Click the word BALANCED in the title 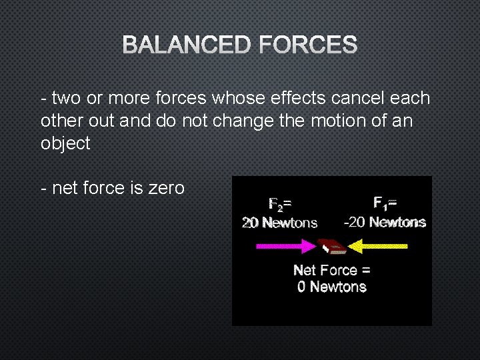coord(187,45)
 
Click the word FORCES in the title coord(308,45)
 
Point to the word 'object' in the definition coord(65,144)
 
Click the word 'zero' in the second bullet coord(166,188)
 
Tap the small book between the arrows coord(331,247)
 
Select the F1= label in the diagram coord(385,203)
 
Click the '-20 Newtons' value coord(385,222)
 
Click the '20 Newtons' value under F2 coord(279,223)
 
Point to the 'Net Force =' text coord(332,270)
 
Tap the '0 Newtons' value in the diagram coord(332,287)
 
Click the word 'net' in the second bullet coord(65,188)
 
